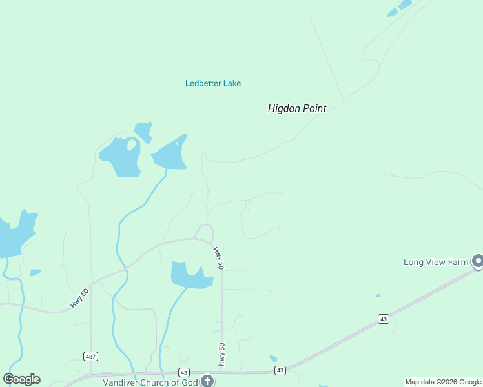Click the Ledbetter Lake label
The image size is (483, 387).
213,83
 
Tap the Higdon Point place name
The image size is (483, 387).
297,109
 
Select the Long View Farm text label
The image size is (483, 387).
435,262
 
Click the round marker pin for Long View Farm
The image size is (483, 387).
478,261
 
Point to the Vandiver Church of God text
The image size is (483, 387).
149,382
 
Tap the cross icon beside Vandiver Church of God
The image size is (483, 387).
207,381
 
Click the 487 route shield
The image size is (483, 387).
90,356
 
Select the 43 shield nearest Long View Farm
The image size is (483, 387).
384,319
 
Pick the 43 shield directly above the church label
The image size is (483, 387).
184,372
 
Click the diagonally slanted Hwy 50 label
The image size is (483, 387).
79,297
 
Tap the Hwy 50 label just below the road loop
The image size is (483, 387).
219,257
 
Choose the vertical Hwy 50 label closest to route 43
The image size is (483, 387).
222,355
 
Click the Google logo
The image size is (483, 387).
21,379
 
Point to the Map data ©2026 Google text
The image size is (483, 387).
444,382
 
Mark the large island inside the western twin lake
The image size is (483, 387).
131,144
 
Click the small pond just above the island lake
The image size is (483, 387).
143,130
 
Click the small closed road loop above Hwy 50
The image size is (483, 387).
205,232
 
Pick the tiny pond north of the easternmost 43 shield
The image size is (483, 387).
378,296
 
